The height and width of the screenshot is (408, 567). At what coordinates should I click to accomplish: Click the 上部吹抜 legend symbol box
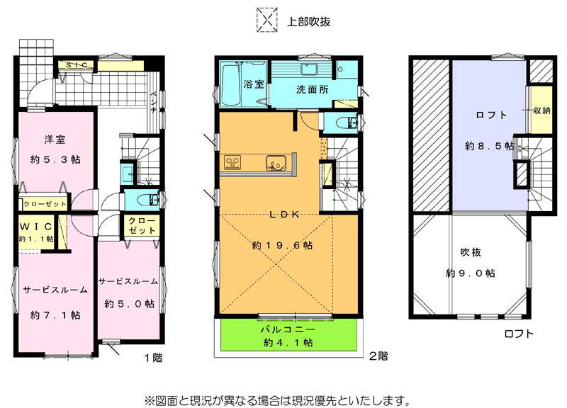point(267,21)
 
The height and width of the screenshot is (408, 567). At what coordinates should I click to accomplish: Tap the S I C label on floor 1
point(77,65)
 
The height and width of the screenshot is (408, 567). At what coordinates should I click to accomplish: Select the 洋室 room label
point(55,140)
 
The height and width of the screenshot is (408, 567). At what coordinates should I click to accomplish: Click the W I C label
point(36,227)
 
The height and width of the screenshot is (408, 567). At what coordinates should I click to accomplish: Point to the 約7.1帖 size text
point(55,315)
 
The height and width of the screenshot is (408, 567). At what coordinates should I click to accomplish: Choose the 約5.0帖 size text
point(130,304)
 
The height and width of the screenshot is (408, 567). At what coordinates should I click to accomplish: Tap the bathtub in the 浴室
point(230,84)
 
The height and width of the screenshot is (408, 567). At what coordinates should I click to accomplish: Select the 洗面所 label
point(313,90)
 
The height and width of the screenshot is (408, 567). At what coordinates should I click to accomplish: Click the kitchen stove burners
point(232,162)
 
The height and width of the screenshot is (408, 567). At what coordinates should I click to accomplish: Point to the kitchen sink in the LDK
point(276,162)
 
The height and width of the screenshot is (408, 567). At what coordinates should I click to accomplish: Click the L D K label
point(285,215)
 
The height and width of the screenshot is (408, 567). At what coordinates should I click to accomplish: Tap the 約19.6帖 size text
point(282,246)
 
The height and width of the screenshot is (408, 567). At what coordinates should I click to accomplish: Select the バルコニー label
point(288,329)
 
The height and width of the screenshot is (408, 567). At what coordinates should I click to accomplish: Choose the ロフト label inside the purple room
point(491,115)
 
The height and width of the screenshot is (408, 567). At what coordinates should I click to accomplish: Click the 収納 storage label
point(541,110)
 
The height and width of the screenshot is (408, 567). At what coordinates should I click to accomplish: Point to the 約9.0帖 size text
point(471,273)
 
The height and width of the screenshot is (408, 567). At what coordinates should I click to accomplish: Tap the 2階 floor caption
point(378,356)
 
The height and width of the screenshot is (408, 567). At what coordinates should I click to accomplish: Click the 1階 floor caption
point(154,358)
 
